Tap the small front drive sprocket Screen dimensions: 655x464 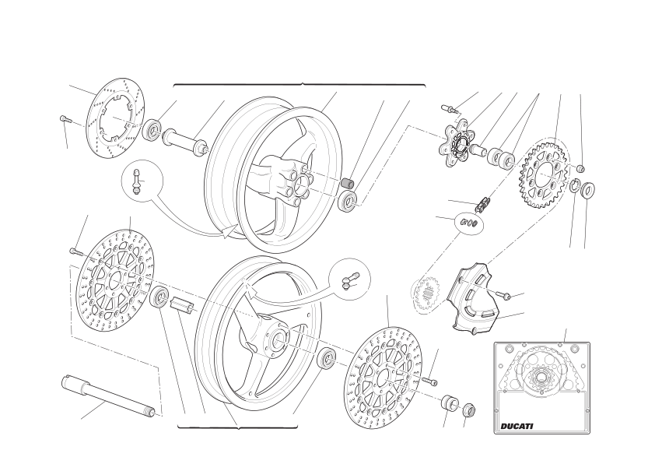[x=426, y=294]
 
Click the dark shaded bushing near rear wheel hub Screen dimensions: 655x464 [x=348, y=184]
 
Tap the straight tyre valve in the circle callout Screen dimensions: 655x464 [x=136, y=181]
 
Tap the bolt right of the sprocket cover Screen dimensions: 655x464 [x=504, y=296]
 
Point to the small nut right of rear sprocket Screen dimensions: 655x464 [x=580, y=168]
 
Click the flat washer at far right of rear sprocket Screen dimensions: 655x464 [x=588, y=191]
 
